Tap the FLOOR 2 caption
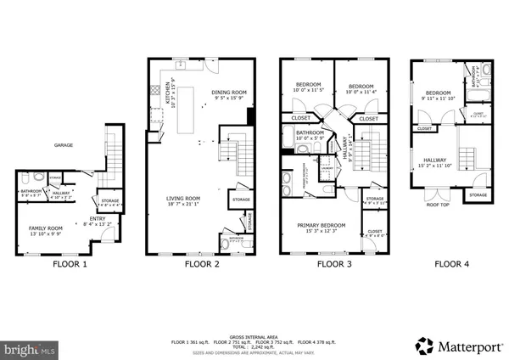coord(203,264)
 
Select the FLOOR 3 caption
coord(334,264)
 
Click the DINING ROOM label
coord(227,92)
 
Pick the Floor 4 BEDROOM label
coord(438,93)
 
